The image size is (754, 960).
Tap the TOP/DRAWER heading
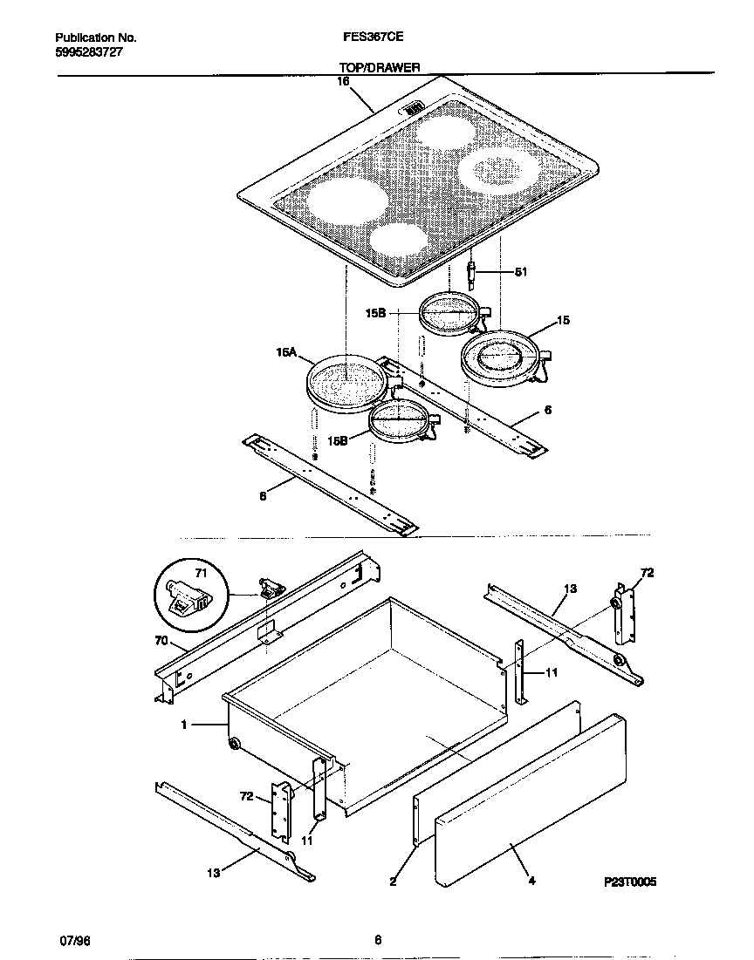point(380,67)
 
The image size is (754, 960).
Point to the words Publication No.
point(95,38)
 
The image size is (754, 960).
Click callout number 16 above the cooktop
point(343,81)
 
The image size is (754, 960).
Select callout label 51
point(521,272)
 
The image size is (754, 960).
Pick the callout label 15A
point(286,353)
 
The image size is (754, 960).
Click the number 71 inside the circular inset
point(201,574)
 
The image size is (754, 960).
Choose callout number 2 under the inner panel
point(393,882)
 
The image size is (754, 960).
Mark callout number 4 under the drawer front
point(531,882)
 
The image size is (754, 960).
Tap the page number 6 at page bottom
point(378,940)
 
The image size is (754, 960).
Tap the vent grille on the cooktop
point(414,108)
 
